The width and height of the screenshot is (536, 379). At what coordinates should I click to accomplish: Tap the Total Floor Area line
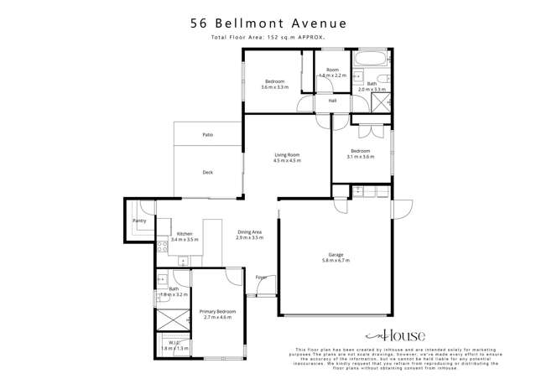(268, 39)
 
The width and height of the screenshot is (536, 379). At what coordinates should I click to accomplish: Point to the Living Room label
(287, 155)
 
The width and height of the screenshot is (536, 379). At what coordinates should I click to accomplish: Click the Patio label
(207, 135)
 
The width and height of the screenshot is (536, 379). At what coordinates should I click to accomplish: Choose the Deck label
(207, 173)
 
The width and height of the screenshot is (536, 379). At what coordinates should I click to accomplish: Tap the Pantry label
(139, 221)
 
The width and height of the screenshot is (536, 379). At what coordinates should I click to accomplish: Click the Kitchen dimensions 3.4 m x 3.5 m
(185, 240)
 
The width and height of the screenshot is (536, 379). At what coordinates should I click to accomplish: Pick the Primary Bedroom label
(217, 311)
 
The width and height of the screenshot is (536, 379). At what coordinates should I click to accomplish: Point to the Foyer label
(261, 278)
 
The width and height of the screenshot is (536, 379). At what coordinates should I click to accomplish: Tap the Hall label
(332, 101)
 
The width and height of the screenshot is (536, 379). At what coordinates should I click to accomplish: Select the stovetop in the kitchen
(162, 247)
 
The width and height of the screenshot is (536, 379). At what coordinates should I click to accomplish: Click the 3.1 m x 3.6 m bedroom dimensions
(362, 157)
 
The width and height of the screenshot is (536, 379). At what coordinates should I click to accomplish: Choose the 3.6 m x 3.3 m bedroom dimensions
(274, 87)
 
